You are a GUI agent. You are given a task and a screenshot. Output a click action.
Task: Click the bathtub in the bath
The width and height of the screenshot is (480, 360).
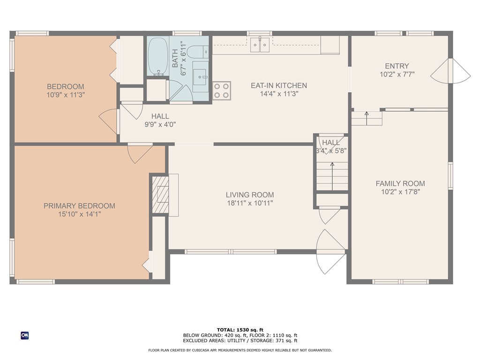[157, 57]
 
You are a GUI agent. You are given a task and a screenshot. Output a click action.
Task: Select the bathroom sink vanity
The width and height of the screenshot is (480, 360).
[201, 76]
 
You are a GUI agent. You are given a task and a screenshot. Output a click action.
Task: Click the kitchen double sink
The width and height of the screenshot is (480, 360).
[260, 45]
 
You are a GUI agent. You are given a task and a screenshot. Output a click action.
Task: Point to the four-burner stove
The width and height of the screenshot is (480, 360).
[222, 91]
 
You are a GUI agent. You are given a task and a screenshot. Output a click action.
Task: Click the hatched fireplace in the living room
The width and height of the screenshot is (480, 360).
[161, 195]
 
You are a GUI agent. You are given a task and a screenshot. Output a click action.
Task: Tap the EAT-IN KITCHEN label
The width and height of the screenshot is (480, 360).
[279, 85]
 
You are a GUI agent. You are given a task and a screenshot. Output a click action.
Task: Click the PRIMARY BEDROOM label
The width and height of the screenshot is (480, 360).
[79, 206]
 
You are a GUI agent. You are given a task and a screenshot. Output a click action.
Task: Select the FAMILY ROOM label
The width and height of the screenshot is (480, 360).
[400, 183]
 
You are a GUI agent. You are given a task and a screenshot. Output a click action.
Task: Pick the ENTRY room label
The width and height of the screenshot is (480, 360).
[397, 66]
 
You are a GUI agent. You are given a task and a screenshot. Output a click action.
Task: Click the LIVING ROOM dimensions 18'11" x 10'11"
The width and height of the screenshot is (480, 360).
[250, 202]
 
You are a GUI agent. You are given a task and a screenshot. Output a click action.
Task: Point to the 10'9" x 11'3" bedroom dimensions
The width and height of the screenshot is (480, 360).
[66, 95]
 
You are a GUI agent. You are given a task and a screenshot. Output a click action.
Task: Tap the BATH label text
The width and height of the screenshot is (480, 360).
[175, 58]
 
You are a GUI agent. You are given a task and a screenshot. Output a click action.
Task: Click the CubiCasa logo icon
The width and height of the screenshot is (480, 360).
[25, 336]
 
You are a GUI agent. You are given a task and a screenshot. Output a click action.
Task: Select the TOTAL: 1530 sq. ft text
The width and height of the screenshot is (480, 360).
[240, 330]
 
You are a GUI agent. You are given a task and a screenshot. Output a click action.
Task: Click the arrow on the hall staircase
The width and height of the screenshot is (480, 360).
[332, 177]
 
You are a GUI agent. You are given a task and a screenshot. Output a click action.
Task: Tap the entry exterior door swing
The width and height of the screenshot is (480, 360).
[451, 70]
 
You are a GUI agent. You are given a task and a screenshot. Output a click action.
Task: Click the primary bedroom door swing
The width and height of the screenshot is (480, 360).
[140, 153]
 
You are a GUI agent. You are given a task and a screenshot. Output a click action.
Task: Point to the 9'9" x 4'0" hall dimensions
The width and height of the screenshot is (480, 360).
[160, 124]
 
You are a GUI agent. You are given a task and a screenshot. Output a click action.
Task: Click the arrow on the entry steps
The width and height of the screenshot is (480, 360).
[367, 118]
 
